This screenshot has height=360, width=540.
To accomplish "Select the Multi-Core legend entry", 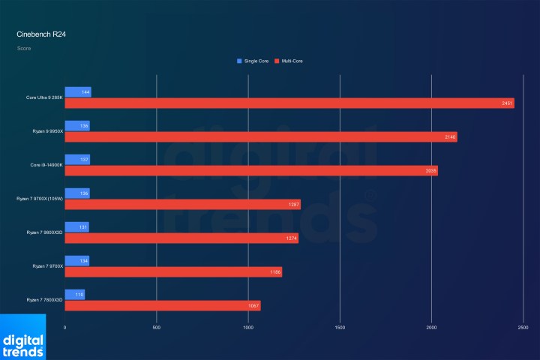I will click(292, 61).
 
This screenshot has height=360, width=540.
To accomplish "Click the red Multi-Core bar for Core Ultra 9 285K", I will click(289, 103).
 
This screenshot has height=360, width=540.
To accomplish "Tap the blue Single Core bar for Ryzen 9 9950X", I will click(77, 126).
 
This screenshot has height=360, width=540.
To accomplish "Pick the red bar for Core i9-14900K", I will click(251, 171).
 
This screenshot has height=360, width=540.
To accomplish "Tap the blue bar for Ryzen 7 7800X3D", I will click(75, 295).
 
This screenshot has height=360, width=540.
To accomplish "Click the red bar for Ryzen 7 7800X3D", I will click(163, 306).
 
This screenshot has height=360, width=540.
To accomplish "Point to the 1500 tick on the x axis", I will click(340, 328).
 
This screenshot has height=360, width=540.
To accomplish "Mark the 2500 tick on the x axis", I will click(523, 328).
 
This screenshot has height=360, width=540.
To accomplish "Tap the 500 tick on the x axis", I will click(157, 328).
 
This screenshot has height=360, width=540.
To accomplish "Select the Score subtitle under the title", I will click(23, 49).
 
